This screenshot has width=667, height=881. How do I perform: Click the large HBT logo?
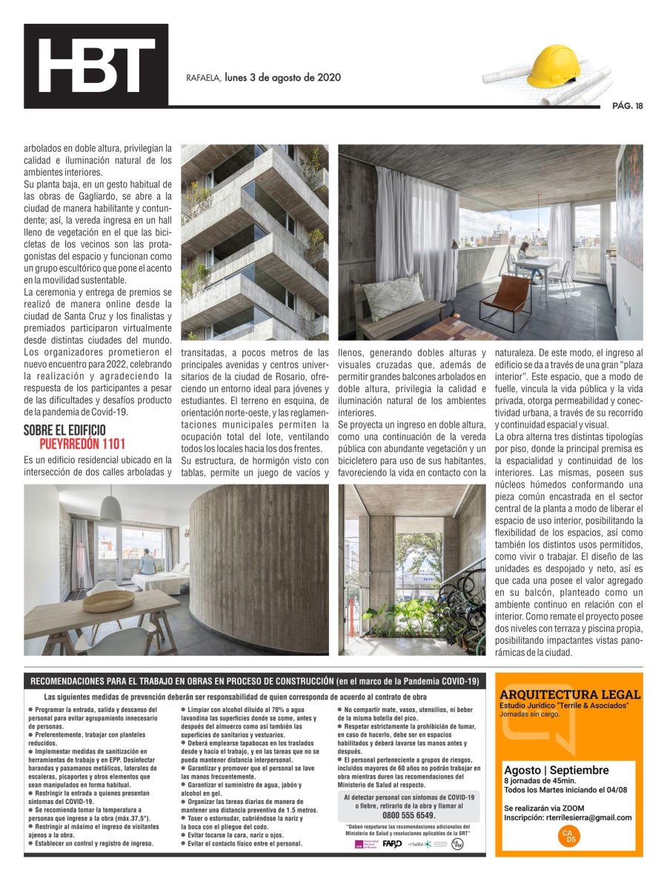(96, 66)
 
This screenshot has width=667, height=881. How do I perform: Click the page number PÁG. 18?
(627, 105)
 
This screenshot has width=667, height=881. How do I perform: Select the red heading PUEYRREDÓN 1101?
(82, 445)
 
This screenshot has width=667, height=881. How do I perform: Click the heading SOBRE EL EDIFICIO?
(64, 430)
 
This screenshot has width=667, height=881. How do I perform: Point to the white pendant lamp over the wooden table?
(110, 508)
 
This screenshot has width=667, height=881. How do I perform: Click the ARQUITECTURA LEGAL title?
(570, 694)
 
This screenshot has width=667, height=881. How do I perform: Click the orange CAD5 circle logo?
(568, 837)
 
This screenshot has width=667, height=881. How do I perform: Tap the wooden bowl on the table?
(108, 600)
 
